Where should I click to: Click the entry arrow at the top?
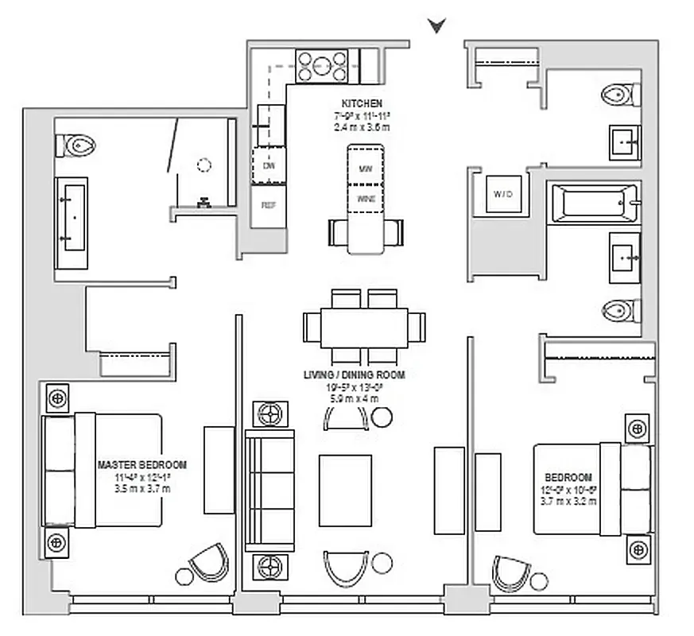(x=436, y=25)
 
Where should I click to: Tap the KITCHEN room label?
(x=362, y=104)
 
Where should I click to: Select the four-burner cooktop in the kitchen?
(x=322, y=66)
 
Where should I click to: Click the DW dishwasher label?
(x=269, y=166)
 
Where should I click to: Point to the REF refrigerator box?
(x=269, y=204)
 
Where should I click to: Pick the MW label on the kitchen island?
(x=366, y=169)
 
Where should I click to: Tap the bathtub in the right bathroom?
(x=593, y=204)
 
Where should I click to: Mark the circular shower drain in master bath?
(x=204, y=165)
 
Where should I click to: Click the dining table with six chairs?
(x=364, y=327)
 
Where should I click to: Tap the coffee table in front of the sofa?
(x=345, y=490)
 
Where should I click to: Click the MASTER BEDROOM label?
(x=142, y=465)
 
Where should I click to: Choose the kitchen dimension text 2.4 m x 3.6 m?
(x=362, y=127)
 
